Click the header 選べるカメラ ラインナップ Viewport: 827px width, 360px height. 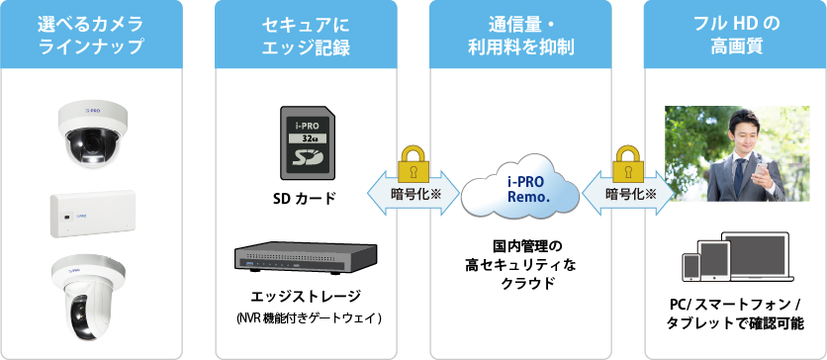coord(90,35)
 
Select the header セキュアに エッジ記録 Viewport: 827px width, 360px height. coord(307,35)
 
